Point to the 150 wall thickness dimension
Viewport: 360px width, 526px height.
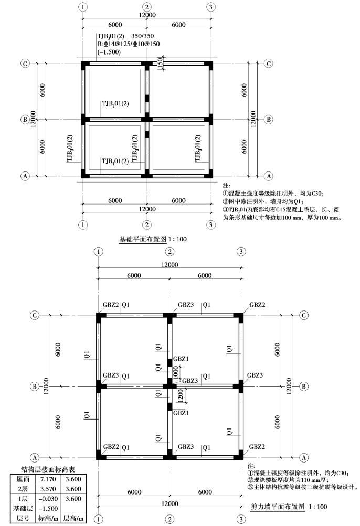coord(160,62)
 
